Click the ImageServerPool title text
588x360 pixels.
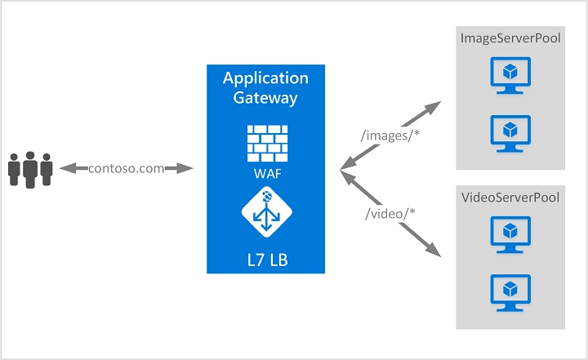click(x=510, y=38)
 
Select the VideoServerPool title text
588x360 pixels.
click(x=510, y=198)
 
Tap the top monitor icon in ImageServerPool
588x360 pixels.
click(x=510, y=76)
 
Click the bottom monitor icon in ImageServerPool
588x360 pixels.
click(x=510, y=132)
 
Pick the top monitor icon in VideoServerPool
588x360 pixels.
click(x=510, y=235)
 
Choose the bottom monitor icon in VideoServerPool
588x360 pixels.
click(x=510, y=291)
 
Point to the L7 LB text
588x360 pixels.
click(x=266, y=260)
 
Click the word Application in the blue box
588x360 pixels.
click(x=266, y=79)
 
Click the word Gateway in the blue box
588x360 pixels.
click(x=266, y=98)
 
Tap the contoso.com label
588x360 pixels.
click(x=127, y=168)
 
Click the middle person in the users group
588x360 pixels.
click(x=31, y=167)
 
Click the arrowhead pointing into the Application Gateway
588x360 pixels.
click(x=187, y=168)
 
